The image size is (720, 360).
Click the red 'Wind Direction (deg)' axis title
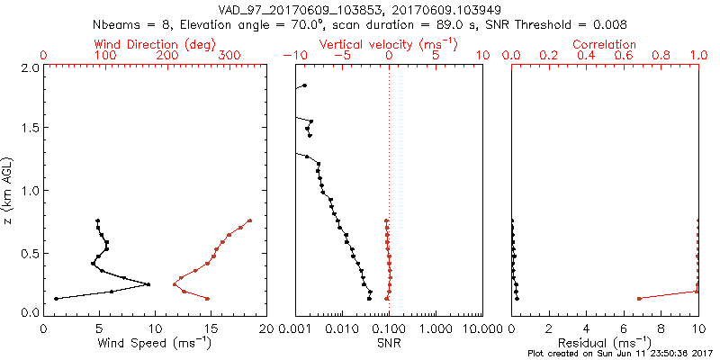(x=155, y=44)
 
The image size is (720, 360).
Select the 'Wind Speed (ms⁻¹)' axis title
(x=155, y=342)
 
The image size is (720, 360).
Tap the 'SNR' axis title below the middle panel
(x=389, y=342)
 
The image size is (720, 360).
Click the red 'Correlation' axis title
(x=605, y=44)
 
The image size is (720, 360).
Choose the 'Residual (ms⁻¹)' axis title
(x=605, y=342)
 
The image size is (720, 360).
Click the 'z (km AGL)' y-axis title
(x=9, y=190)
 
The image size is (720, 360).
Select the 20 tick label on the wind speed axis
(x=265, y=328)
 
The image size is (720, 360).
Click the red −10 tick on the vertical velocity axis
(x=296, y=55)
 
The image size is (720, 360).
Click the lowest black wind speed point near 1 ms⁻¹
(x=56, y=299)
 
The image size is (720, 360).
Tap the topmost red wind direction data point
(x=250, y=220)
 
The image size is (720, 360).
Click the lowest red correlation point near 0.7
(x=639, y=299)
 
